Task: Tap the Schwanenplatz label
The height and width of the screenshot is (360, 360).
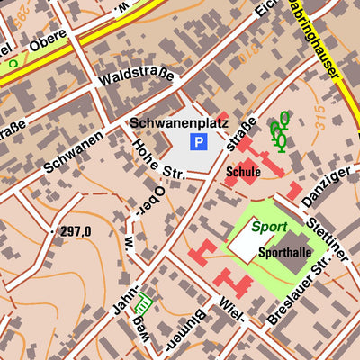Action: (179, 122)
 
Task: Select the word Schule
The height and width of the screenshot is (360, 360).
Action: (244, 171)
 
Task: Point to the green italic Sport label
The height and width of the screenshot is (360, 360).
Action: (270, 228)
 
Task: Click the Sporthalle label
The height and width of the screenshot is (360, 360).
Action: (284, 253)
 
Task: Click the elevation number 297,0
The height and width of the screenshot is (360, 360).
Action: (76, 232)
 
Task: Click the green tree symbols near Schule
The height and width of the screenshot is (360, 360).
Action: (280, 130)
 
